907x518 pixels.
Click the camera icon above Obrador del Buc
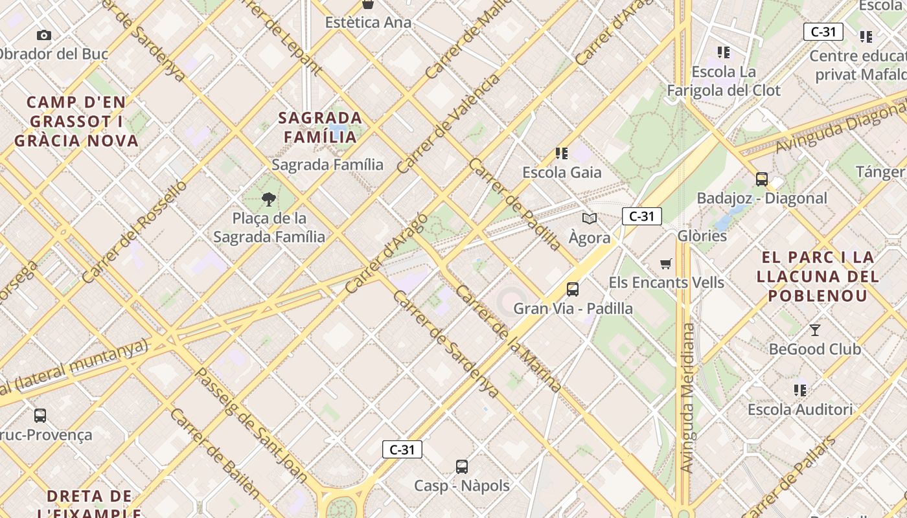(x=44, y=36)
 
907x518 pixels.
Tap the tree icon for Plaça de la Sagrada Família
(x=268, y=199)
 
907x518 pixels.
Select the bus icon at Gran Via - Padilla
(x=572, y=289)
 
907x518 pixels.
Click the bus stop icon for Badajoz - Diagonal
(x=762, y=179)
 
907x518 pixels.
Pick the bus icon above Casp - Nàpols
(x=461, y=467)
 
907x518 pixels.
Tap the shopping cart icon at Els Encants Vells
(x=665, y=264)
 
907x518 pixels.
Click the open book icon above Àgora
(x=589, y=219)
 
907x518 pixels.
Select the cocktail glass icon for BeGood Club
(x=814, y=330)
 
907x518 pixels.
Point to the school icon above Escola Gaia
(x=561, y=153)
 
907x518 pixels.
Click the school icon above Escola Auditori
(x=799, y=390)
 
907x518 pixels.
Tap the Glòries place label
(x=702, y=236)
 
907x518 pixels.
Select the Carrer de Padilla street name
(x=515, y=204)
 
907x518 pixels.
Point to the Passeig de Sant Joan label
(x=251, y=425)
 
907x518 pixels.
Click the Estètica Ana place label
(x=368, y=22)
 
